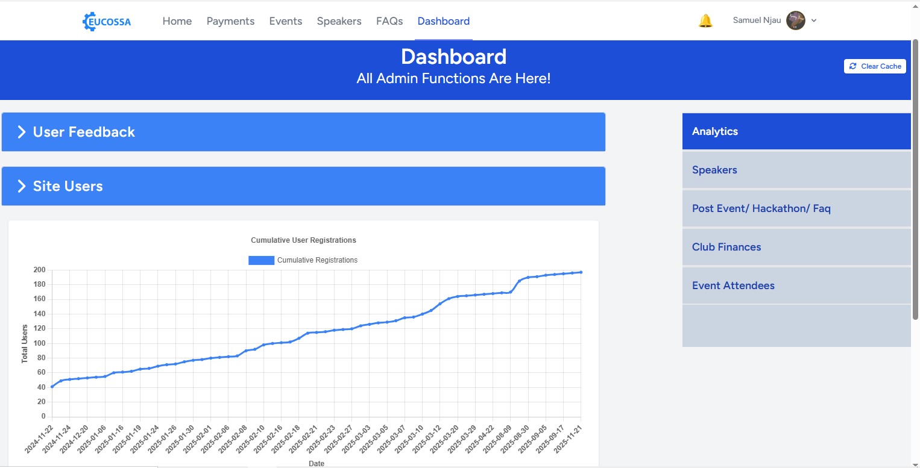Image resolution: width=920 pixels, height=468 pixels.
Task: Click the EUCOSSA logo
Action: point(107,22)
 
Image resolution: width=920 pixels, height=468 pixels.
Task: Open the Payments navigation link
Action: point(230,21)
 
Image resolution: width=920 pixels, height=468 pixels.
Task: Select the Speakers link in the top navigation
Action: point(339,21)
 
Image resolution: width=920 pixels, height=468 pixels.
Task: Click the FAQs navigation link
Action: point(389,21)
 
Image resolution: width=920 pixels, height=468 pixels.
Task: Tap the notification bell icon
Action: point(705,21)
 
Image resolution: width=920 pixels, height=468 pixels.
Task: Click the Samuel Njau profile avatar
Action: point(796,20)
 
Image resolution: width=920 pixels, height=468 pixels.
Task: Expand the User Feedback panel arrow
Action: point(22,132)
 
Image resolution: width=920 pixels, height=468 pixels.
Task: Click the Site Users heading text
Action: point(68,186)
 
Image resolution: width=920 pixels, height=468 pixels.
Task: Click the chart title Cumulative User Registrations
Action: point(303,240)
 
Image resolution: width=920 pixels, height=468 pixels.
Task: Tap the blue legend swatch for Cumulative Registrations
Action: point(261,260)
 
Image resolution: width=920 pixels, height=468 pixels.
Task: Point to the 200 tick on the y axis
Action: point(39,270)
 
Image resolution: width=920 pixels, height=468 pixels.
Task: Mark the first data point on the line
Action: point(52,387)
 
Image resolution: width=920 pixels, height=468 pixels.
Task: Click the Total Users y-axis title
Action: point(25,344)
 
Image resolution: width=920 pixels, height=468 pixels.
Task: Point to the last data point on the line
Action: point(581,272)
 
